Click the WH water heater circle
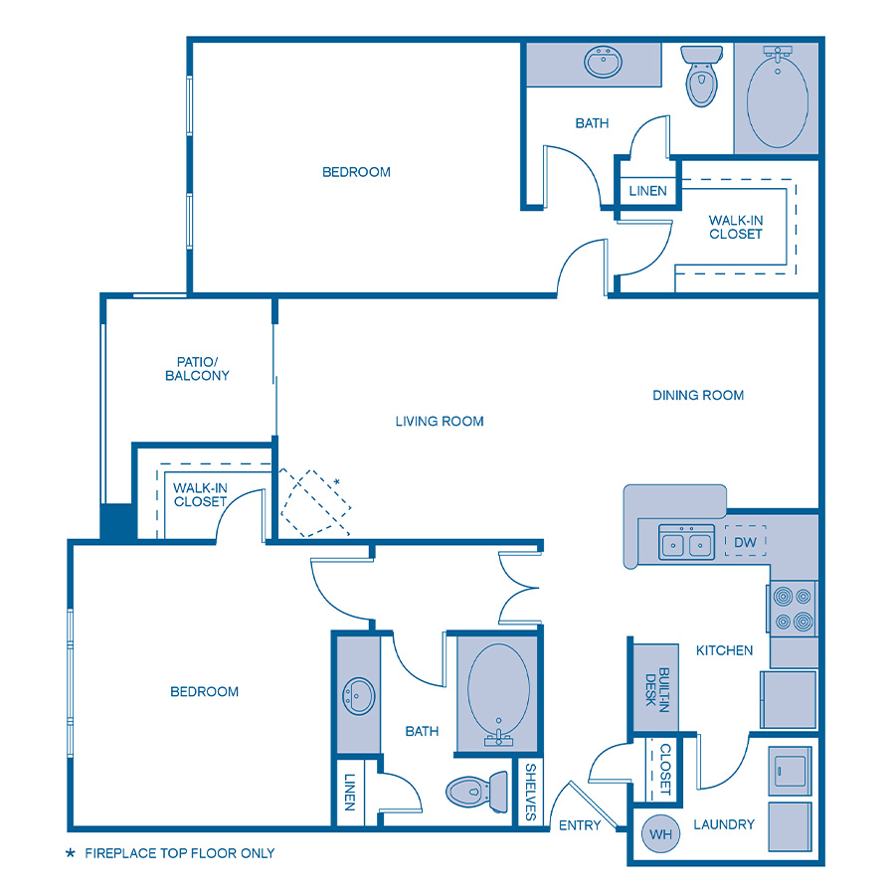pyautogui.click(x=660, y=833)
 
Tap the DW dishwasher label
pyautogui.click(x=746, y=543)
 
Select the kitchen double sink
pyautogui.click(x=686, y=544)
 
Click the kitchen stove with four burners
pyautogui.click(x=793, y=610)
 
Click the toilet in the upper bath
pyautogui.click(x=701, y=77)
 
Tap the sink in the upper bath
pyautogui.click(x=603, y=64)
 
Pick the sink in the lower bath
pyautogui.click(x=358, y=693)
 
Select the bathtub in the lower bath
pyautogui.click(x=496, y=693)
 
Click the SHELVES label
pyautogui.click(x=531, y=793)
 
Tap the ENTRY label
pyautogui.click(x=580, y=825)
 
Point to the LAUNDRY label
pyautogui.click(x=724, y=824)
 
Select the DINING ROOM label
pyautogui.click(x=698, y=395)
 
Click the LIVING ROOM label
pyautogui.click(x=440, y=421)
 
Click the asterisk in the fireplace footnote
pyautogui.click(x=70, y=853)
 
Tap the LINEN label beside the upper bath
pyautogui.click(x=648, y=191)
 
